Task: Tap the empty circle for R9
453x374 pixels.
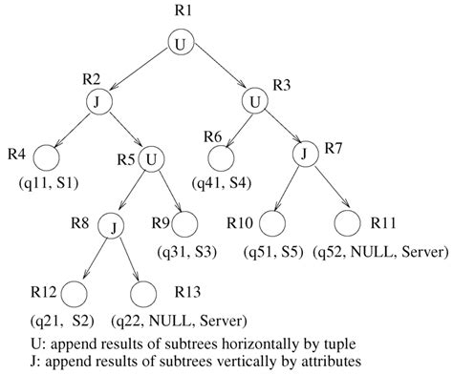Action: click(x=184, y=227)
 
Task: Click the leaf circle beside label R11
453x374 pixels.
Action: click(x=349, y=227)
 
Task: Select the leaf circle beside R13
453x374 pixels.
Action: click(x=141, y=293)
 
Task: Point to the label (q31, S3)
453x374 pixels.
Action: click(x=185, y=254)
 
